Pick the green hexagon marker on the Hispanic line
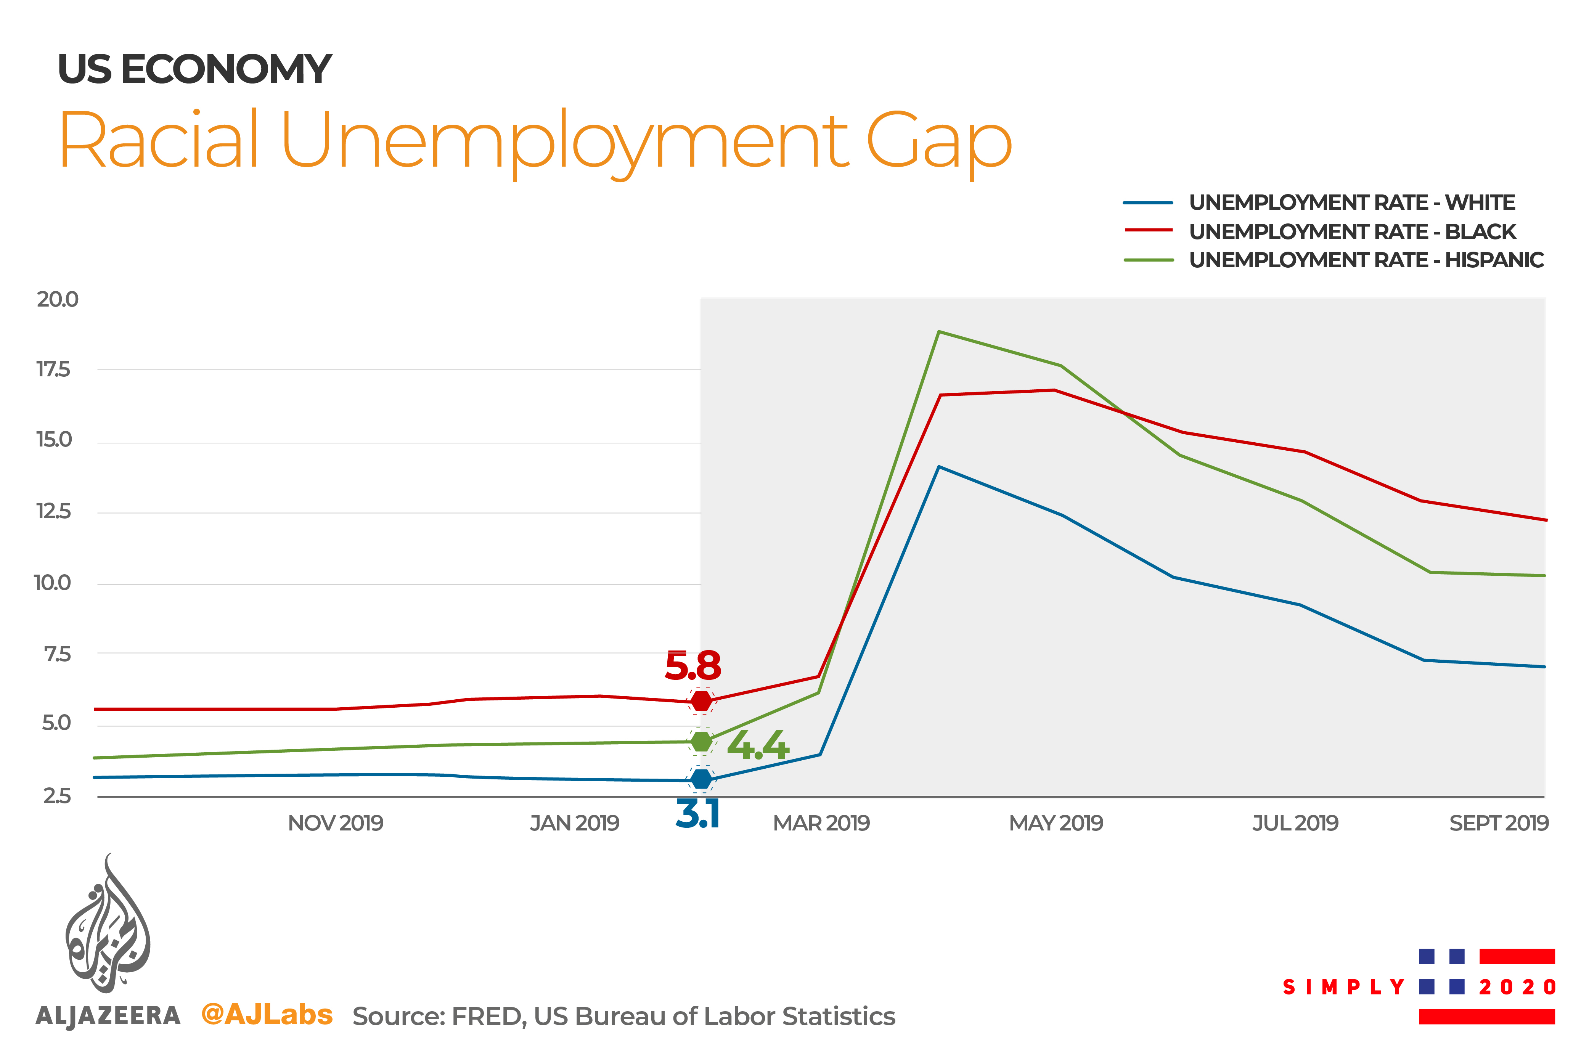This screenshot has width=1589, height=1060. pos(702,742)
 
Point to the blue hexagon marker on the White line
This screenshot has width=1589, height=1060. pos(702,779)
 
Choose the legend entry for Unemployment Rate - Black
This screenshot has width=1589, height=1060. pos(1352,231)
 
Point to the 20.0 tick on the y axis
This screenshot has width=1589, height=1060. pos(58,299)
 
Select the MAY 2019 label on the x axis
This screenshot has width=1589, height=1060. pos(1056,823)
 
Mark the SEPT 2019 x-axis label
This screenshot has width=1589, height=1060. pos(1498,823)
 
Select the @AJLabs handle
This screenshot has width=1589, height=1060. pos(267,1014)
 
